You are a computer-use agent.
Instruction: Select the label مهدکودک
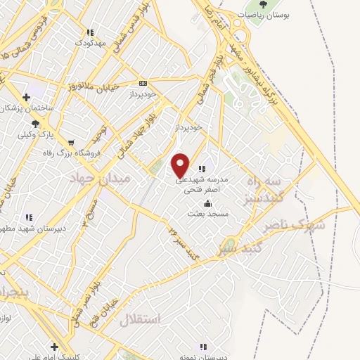click(90, 43)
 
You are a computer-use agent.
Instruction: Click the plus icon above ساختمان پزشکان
click(26, 97)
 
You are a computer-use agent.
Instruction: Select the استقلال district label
click(141, 319)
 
